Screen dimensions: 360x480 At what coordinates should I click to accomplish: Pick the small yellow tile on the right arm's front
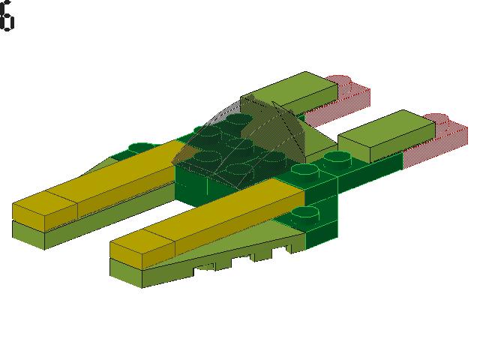pyautogui.click(x=142, y=244)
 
